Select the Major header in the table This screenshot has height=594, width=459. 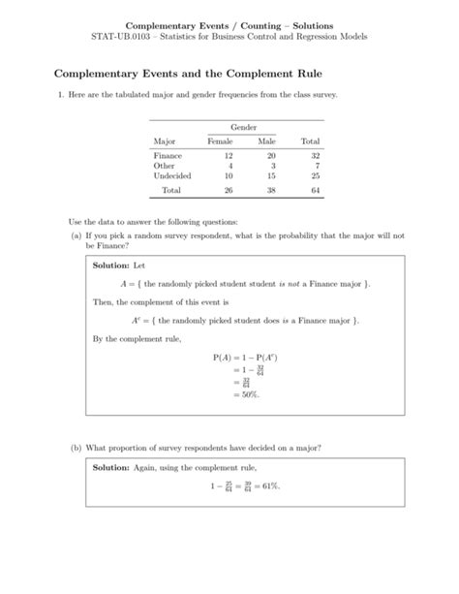[x=165, y=141]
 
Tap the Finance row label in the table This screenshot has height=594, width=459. [x=168, y=155]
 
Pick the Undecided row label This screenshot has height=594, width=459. [x=172, y=175]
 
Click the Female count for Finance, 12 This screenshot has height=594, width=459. [x=228, y=155]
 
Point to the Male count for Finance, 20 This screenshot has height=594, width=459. [x=271, y=155]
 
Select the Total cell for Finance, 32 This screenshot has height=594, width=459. [x=315, y=155]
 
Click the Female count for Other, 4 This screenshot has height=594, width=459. [x=229, y=166]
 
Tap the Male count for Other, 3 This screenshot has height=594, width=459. [x=273, y=166]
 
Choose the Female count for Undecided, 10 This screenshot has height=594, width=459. [x=228, y=175]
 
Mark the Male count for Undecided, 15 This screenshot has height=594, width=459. [x=271, y=175]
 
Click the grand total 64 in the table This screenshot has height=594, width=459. [x=315, y=191]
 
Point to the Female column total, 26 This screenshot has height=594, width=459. [x=228, y=191]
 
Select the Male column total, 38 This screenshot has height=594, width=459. [x=271, y=191]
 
